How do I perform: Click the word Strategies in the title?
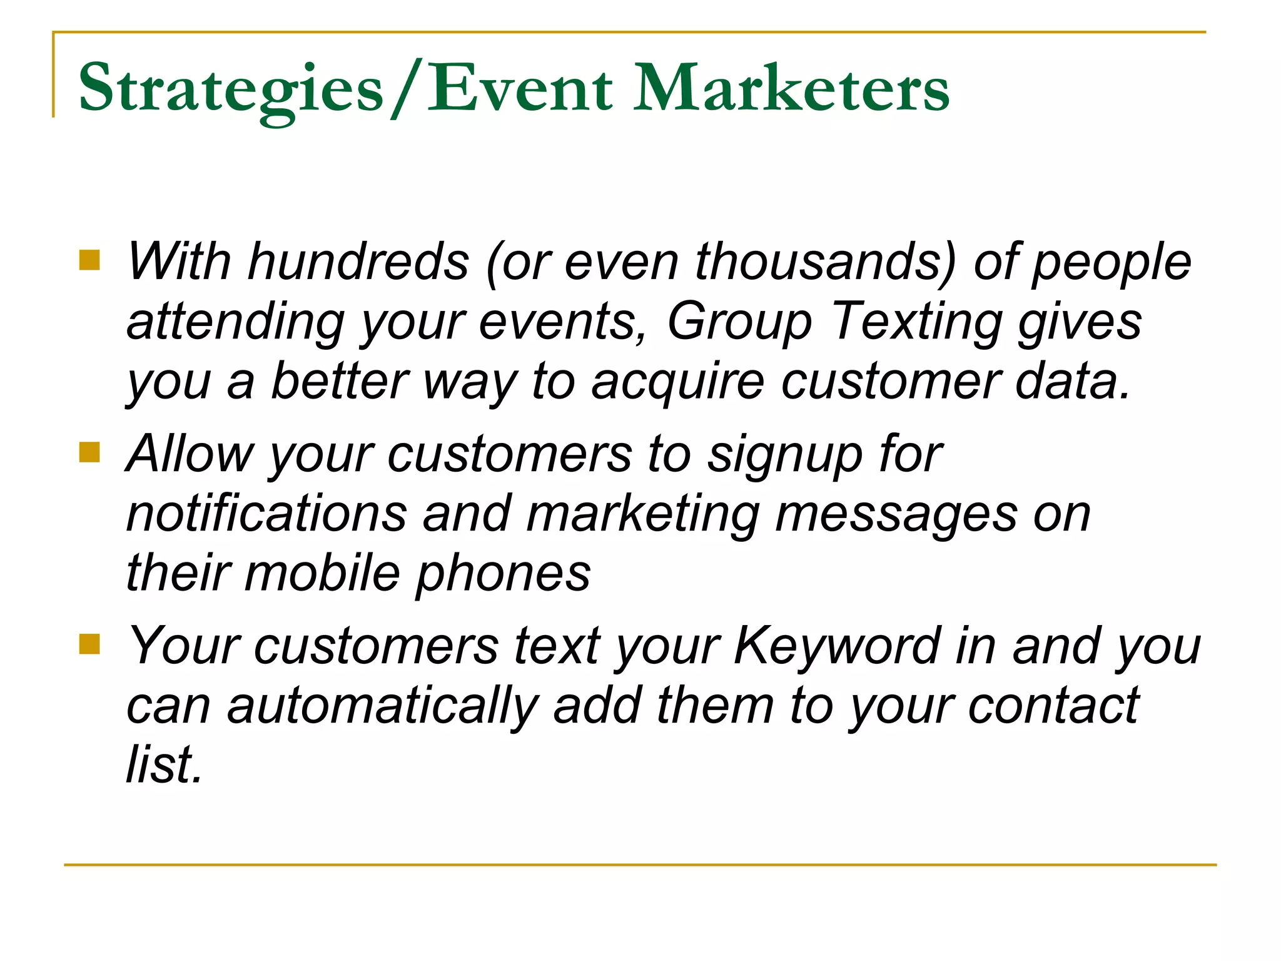point(230,89)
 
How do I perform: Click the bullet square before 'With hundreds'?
point(89,260)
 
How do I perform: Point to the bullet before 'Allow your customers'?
point(89,452)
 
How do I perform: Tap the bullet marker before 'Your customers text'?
point(89,644)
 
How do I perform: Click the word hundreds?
point(358,262)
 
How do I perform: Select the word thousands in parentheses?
point(826,262)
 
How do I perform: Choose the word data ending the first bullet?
point(1072,382)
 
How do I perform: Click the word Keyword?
point(838,646)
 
